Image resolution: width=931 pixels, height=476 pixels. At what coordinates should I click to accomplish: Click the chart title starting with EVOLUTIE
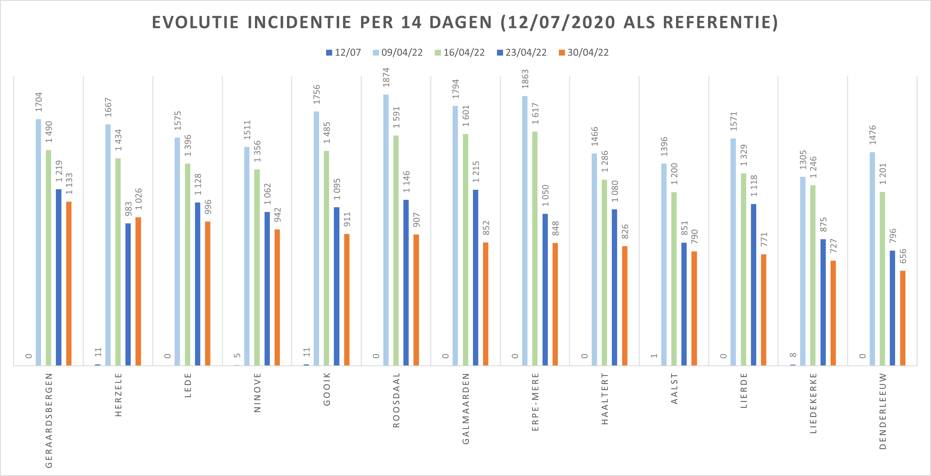pyautogui.click(x=465, y=22)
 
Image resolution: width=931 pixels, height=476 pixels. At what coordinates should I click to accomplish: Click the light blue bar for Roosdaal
pyautogui.click(x=386, y=230)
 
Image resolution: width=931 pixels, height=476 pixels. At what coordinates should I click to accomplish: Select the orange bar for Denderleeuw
pyautogui.click(x=902, y=318)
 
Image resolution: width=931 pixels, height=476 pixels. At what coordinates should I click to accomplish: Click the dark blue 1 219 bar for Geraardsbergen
pyautogui.click(x=58, y=277)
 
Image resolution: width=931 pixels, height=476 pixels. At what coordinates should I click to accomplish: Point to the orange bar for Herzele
pyautogui.click(x=138, y=291)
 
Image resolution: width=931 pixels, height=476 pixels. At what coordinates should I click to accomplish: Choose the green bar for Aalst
pyautogui.click(x=674, y=279)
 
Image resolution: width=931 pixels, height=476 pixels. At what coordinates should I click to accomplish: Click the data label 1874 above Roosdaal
pyautogui.click(x=386, y=77)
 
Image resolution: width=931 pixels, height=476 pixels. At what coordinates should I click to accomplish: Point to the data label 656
pyautogui.click(x=903, y=256)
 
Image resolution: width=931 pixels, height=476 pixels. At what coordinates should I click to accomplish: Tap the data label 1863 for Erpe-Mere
pyautogui.click(x=525, y=79)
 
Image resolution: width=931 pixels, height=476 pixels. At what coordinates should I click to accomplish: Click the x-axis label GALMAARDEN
pyautogui.click(x=466, y=409)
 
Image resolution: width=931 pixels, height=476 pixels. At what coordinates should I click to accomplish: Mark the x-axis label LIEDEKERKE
pyautogui.click(x=813, y=403)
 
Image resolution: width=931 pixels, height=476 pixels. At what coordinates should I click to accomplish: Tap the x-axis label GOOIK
pyautogui.click(x=327, y=389)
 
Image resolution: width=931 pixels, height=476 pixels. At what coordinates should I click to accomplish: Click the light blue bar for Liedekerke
pyautogui.click(x=803, y=271)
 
